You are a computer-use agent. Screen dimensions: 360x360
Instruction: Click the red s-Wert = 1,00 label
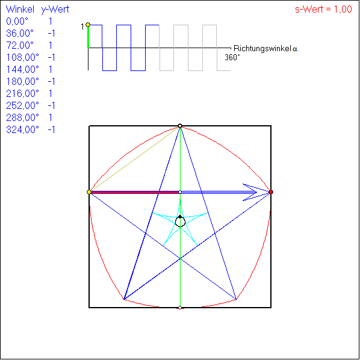coord(323,10)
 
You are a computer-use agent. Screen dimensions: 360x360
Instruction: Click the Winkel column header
coord(20,10)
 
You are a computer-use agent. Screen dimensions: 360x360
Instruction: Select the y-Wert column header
coord(55,10)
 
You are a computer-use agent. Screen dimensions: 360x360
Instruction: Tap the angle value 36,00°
coord(20,34)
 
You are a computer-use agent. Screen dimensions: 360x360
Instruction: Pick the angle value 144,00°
coord(22,69)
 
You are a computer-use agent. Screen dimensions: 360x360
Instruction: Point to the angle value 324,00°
coord(22,129)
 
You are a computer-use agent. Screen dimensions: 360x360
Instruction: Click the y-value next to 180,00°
coord(51,81)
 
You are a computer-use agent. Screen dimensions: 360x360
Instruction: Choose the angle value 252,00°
coord(22,105)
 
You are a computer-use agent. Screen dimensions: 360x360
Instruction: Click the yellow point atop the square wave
coord(88,25)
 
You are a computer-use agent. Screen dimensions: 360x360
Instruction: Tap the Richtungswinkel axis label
coord(265,49)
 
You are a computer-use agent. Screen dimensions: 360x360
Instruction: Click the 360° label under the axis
coord(232,57)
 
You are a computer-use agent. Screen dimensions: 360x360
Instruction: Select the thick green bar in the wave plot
coord(88,37)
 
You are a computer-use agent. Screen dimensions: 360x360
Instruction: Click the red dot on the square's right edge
coord(271,192)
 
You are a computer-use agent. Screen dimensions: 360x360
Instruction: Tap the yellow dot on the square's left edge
coord(89,192)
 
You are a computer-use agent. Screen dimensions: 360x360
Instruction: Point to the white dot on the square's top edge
coord(180,126)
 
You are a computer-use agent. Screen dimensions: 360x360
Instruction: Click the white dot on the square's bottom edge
coord(180,308)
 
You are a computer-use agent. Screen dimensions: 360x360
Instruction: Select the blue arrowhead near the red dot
coord(256,192)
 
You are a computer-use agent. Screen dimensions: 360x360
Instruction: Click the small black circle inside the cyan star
coord(180,222)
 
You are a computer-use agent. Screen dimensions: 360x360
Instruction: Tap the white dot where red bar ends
coord(180,192)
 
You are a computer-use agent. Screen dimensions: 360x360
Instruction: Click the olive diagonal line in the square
coord(134,159)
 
